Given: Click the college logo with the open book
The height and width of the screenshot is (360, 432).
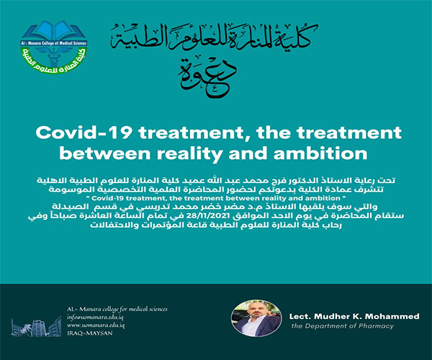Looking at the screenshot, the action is pos(54,47).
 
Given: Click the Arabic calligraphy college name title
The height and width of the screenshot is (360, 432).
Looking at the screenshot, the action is pos(215,39).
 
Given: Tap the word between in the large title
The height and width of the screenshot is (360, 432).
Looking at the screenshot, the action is pos(104,153).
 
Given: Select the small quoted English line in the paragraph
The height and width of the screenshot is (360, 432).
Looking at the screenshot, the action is pos(216,198).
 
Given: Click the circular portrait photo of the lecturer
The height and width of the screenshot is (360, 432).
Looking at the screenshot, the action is pos(256,318).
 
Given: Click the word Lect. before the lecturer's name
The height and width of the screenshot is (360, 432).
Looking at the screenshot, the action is pos(300,316).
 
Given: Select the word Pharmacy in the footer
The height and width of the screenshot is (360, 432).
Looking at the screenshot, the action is pos(376,326).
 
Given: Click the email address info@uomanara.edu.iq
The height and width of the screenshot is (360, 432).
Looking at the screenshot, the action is pos(95,318).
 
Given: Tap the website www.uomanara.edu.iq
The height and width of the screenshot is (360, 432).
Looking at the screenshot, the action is pos(96,325).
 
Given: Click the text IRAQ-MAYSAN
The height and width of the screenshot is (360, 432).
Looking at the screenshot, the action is pos(90,333).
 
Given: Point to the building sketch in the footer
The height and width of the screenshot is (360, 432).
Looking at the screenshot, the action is pos(36,327).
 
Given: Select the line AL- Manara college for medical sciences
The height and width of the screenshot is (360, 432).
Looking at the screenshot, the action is pos(117,309).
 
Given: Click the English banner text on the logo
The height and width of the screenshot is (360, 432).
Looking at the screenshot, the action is pos(54,43).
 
